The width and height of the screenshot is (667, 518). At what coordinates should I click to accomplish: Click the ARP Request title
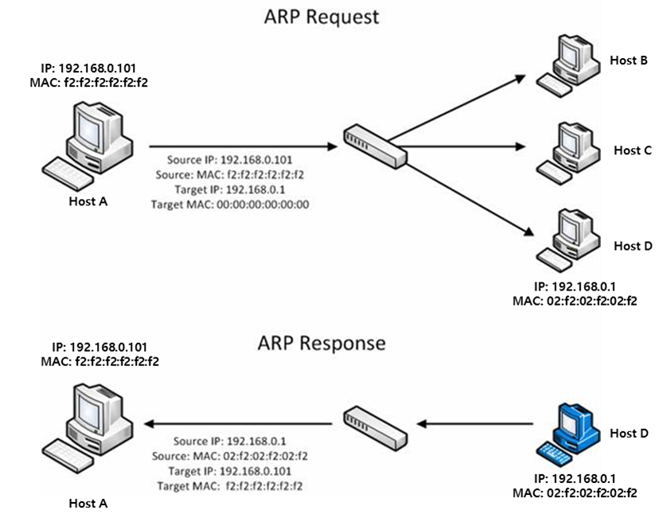322,17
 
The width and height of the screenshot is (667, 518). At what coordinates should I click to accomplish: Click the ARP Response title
322,343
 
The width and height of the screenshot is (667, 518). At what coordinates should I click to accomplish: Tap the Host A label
88,201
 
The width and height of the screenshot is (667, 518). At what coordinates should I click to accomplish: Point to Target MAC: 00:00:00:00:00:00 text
230,204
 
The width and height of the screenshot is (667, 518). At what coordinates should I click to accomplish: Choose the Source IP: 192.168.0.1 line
230,441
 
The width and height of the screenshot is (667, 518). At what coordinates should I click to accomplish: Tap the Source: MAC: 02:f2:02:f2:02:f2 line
230,456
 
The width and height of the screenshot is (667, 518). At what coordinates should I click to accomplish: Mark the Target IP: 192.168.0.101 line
230,471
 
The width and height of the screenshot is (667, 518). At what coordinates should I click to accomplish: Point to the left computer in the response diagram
94,418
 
